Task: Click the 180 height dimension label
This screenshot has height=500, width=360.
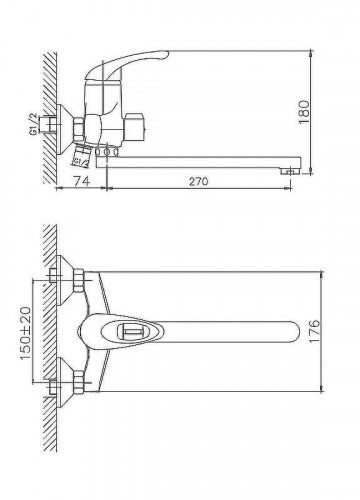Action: pos(304,112)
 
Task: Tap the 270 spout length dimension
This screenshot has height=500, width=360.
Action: pos(199,182)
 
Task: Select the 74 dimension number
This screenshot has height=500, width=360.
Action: pos(81,181)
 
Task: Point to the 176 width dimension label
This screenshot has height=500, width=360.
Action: pos(314,332)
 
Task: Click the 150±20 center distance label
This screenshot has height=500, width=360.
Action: pos(26,333)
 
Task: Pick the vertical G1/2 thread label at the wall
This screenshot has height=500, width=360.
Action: pos(33,124)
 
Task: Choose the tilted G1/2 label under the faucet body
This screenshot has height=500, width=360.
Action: pos(81,162)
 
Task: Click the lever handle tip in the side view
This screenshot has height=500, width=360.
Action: pos(166,54)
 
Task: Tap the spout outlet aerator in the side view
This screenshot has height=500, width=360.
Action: pos(291,171)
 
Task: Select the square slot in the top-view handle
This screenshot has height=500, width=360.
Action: pos(129,331)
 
